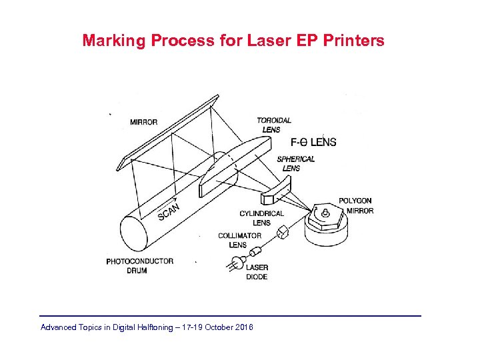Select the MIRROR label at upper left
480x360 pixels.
click(x=144, y=122)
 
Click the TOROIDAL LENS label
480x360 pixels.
click(x=273, y=125)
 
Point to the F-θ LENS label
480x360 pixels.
click(x=313, y=142)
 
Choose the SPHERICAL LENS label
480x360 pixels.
click(x=295, y=163)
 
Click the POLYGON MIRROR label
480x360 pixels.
click(x=355, y=205)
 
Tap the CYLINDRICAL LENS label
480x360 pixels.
click(x=261, y=218)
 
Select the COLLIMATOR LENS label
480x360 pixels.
click(x=239, y=240)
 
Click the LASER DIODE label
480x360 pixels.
click(x=257, y=272)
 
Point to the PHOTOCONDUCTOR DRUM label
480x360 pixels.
click(x=139, y=266)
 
